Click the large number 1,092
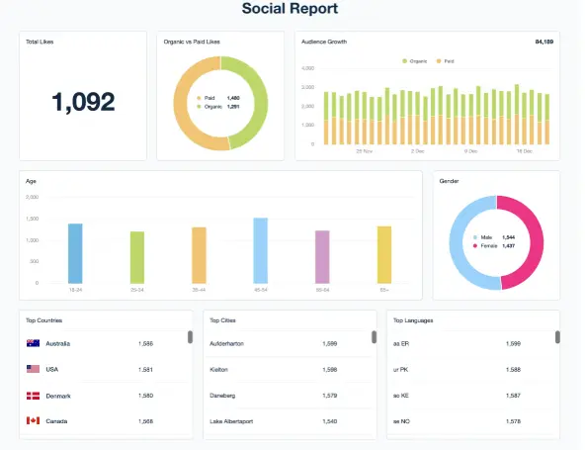[x=83, y=101]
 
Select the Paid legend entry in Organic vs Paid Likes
[x=210, y=98]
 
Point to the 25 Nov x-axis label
[x=363, y=151]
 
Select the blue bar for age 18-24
[x=75, y=253]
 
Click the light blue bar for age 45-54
[x=260, y=250]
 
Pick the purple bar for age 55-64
[x=322, y=257]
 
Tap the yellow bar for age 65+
[x=383, y=255]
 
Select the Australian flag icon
[x=33, y=343]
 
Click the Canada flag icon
[x=33, y=421]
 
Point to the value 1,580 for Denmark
[x=146, y=396]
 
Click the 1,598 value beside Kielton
[x=330, y=369]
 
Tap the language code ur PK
[x=401, y=369]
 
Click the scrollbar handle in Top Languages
[x=557, y=337]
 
